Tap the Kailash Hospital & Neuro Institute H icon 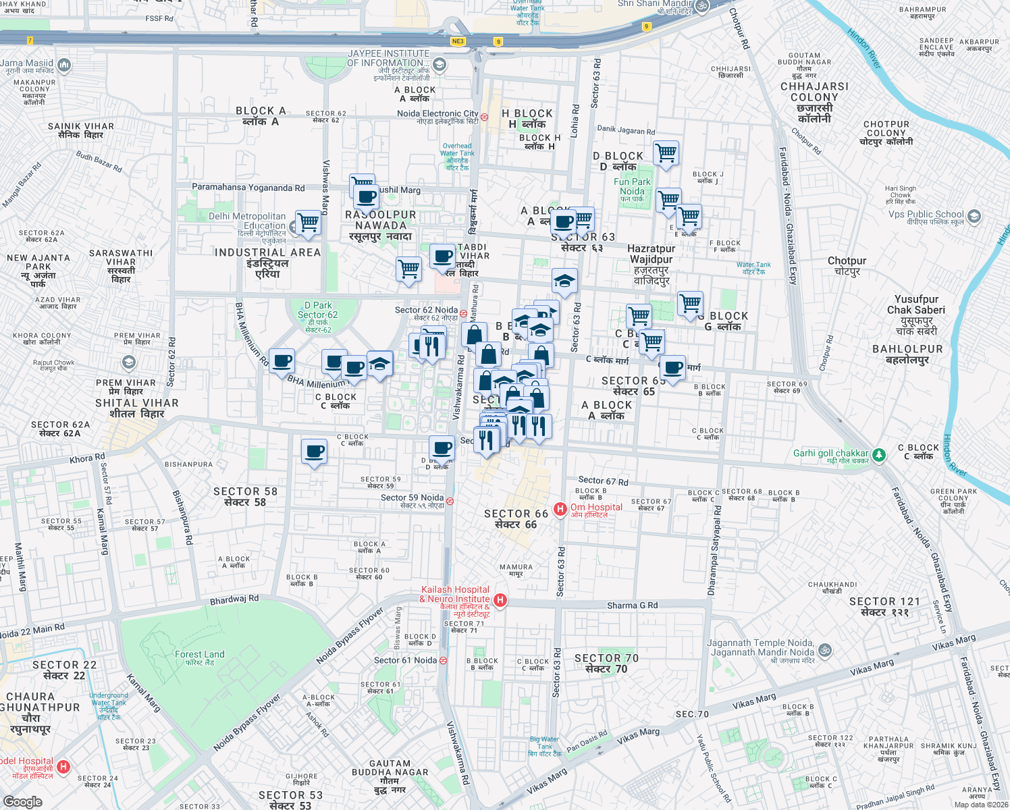[x=500, y=600]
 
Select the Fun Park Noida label [x=632, y=186]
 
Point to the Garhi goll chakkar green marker [x=878, y=456]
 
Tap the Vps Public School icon [x=974, y=216]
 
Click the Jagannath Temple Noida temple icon [x=824, y=651]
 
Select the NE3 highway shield [x=458, y=41]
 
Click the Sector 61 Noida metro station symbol [x=443, y=660]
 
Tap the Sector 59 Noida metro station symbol [x=450, y=501]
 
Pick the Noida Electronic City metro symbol [x=484, y=117]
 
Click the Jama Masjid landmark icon [x=64, y=65]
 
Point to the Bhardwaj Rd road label [x=234, y=599]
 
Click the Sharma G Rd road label [x=632, y=605]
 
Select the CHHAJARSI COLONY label [x=814, y=97]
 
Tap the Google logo [x=22, y=802]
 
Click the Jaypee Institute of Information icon [x=440, y=65]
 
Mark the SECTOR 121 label [x=884, y=606]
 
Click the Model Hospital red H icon [x=63, y=767]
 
